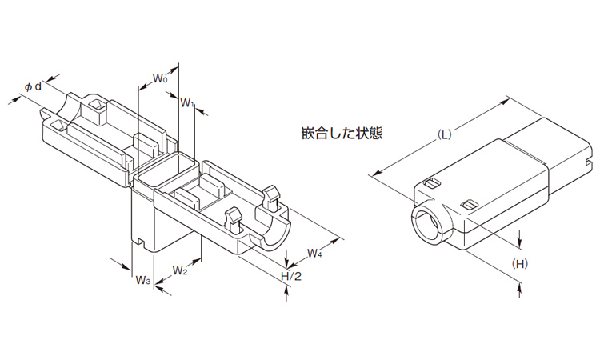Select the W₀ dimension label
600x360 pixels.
pos(159,79)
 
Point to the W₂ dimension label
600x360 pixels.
pos(180,270)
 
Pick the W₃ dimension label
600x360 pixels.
pos(142,280)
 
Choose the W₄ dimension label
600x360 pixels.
pos(315,254)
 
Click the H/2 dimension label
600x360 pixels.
pos(289,276)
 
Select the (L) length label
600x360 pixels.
pos(445,134)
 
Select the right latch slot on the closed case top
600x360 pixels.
pos(470,205)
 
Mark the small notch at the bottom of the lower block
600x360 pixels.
pos(140,242)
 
